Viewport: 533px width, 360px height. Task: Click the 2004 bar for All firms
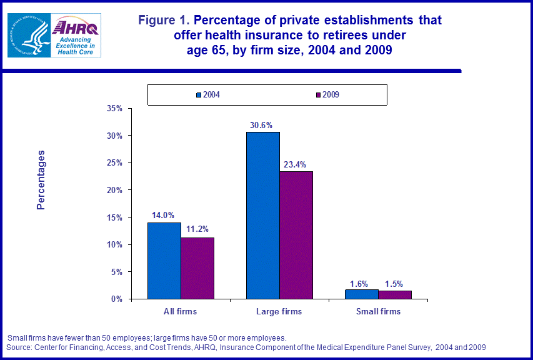pos(164,261)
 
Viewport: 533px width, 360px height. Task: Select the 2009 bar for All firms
pos(197,268)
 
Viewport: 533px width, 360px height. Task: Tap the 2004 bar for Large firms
pos(263,215)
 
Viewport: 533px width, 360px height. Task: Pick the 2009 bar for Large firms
pos(296,235)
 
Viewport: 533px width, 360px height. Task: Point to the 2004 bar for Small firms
pos(362,294)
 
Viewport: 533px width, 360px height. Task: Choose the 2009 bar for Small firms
pos(395,295)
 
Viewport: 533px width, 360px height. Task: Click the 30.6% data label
pos(263,125)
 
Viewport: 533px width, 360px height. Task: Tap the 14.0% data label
pos(164,216)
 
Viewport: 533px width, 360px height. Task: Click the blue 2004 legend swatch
pos(198,95)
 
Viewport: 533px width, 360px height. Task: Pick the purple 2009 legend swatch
pos(318,95)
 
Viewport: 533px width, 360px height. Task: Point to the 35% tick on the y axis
pos(114,108)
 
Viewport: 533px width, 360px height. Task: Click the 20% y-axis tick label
pos(114,190)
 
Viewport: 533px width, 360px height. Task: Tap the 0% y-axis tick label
pos(117,299)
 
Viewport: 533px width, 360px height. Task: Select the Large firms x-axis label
pos(279,311)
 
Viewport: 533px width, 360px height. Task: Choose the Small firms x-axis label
pos(378,311)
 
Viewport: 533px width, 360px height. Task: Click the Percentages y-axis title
pos(41,179)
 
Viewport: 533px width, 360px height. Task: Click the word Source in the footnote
pos(19,347)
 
